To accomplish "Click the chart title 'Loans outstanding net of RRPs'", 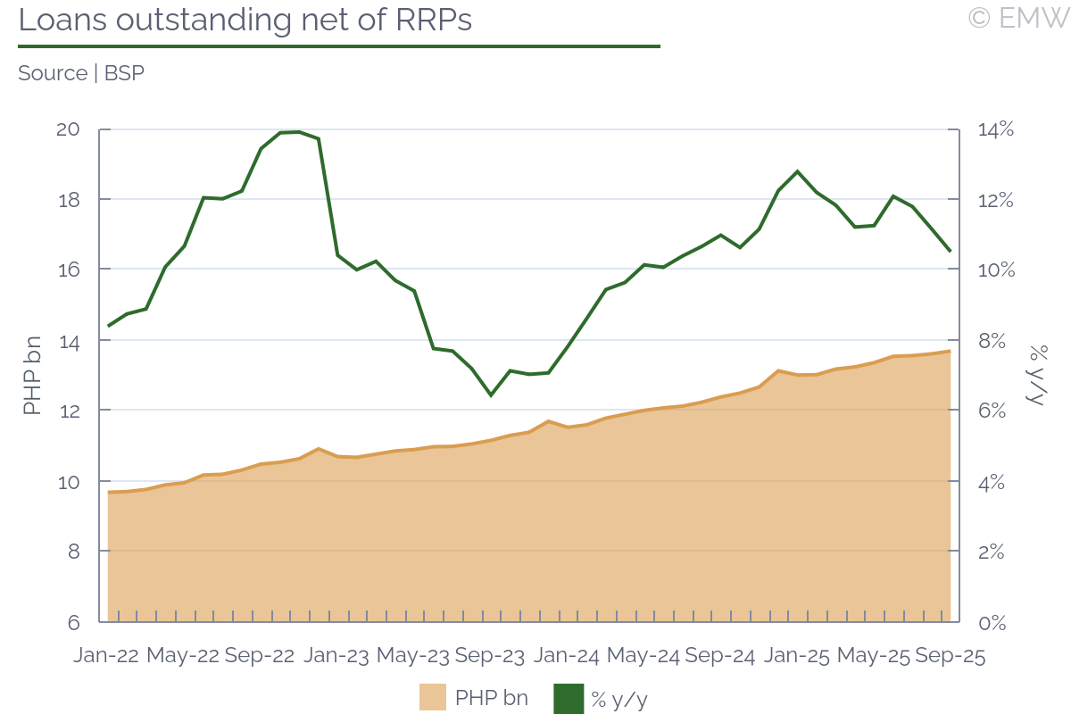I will pyautogui.click(x=245, y=21).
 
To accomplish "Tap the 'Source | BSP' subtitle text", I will pyautogui.click(x=81, y=73).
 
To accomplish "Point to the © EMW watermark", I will pyautogui.click(x=1017, y=18).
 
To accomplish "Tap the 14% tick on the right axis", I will pyautogui.click(x=994, y=129).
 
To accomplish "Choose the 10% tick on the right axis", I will pyautogui.click(x=994, y=270).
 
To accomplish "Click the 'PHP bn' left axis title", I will pyautogui.click(x=32, y=375).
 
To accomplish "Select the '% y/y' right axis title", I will pyautogui.click(x=1037, y=375).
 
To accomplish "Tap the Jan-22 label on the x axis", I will pyautogui.click(x=106, y=655).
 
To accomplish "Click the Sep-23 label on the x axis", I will pyautogui.click(x=490, y=655).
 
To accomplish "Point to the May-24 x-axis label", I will pyautogui.click(x=643, y=655).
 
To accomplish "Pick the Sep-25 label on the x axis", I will pyautogui.click(x=951, y=655).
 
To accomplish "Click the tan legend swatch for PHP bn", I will pyautogui.click(x=433, y=697).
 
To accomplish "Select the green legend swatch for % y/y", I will pyautogui.click(x=569, y=697).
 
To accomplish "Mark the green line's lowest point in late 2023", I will pyautogui.click(x=490, y=394).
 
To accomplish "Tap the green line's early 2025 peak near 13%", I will pyautogui.click(x=797, y=171).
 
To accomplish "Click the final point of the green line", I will pyautogui.click(x=950, y=251).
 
